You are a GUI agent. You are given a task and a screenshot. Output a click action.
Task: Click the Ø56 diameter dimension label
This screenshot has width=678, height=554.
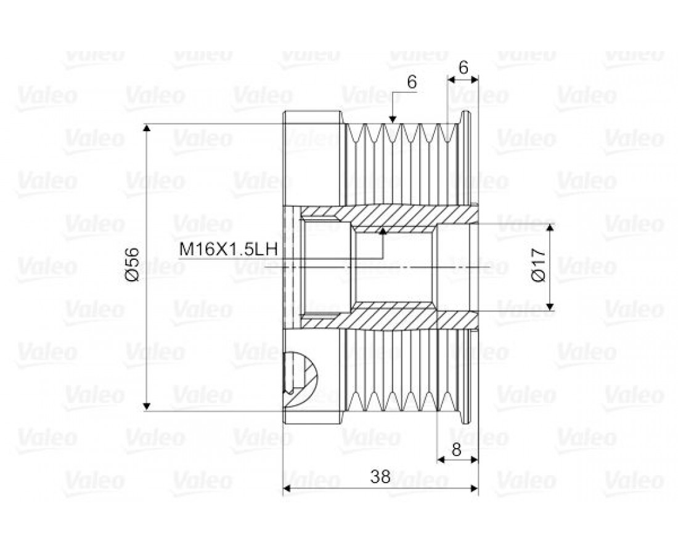pyautogui.click(x=133, y=264)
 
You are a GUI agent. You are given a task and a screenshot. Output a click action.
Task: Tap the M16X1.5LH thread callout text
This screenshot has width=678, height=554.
pyautogui.click(x=228, y=249)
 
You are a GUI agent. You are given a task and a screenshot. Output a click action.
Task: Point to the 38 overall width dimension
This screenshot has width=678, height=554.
pyautogui.click(x=380, y=476)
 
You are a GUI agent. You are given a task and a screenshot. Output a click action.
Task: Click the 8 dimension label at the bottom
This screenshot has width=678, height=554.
pyautogui.click(x=457, y=449)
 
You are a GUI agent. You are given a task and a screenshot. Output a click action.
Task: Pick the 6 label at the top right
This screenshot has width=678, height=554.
pyautogui.click(x=463, y=67)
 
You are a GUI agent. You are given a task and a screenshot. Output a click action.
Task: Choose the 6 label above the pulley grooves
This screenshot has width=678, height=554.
pyautogui.click(x=412, y=82)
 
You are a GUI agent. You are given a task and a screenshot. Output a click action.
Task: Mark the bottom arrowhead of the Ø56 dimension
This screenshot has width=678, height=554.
pyautogui.click(x=147, y=406)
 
